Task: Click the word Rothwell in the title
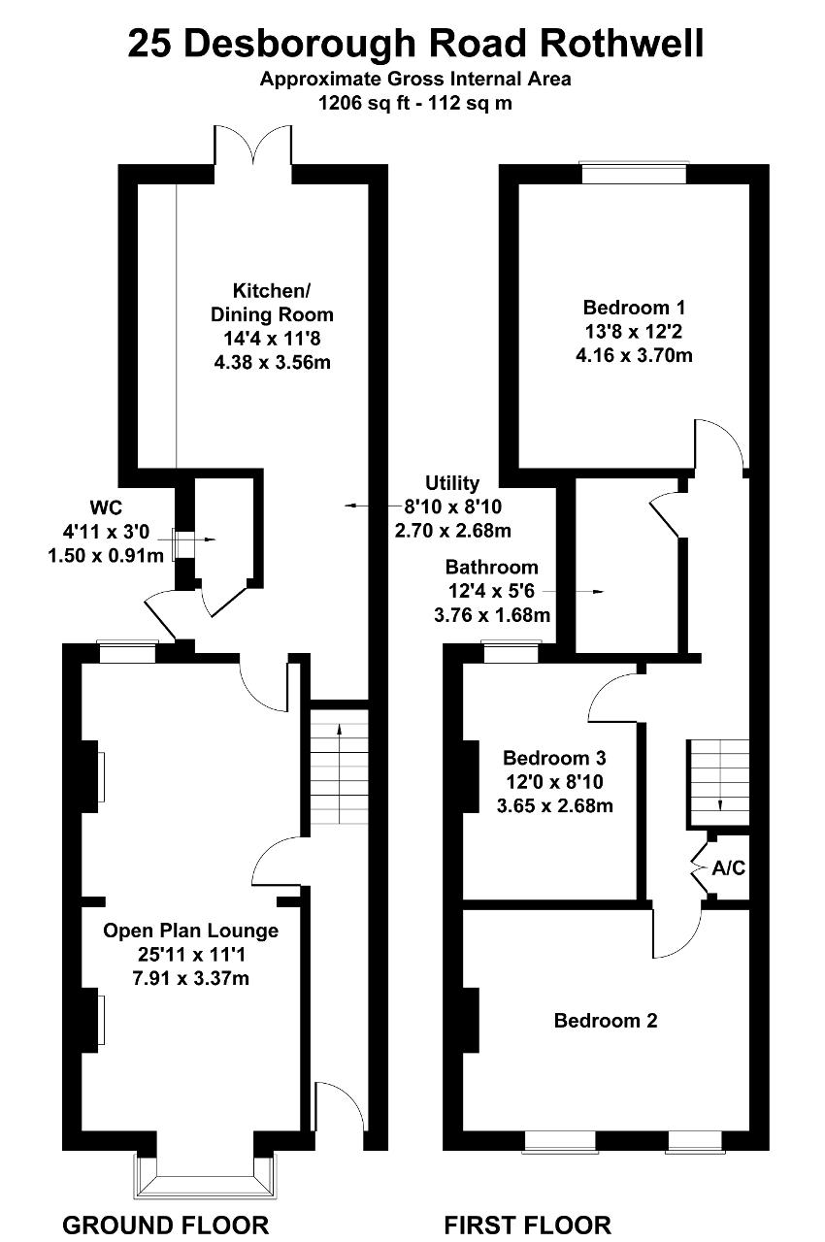coord(621,44)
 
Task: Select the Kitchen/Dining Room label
coord(272,302)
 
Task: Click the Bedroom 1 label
coord(634,308)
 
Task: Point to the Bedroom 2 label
coord(606,1020)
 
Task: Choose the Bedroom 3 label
coord(554,758)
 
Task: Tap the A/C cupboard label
coord(729,867)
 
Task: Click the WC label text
coord(106,507)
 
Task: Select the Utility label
coord(452,483)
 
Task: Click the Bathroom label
coord(492,568)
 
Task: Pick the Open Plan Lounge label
coord(191,931)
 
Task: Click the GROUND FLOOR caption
coord(165,1225)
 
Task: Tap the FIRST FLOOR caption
coord(527,1225)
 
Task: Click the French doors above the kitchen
coord(252,146)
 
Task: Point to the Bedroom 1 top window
coord(634,172)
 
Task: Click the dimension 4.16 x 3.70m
coord(634,355)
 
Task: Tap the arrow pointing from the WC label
coord(187,539)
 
